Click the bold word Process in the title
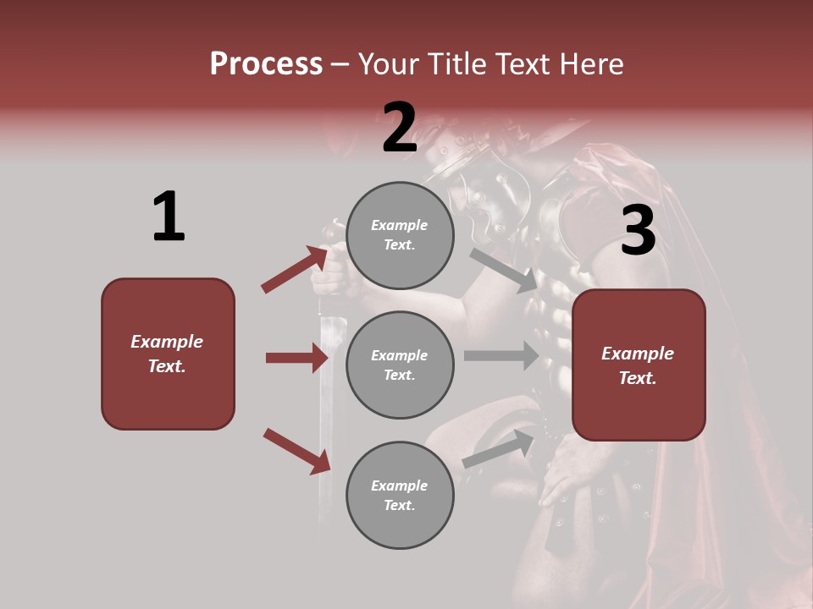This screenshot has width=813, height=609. [x=266, y=63]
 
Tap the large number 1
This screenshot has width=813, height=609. [x=169, y=217]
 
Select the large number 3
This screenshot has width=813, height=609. [x=638, y=230]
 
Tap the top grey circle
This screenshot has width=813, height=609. [x=400, y=235]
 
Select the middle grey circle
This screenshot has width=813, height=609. [x=400, y=365]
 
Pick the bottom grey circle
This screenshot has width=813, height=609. [x=400, y=495]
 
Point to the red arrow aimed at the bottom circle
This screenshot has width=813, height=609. [x=296, y=451]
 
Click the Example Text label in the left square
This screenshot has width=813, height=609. [x=167, y=354]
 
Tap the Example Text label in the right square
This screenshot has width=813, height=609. [x=638, y=365]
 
